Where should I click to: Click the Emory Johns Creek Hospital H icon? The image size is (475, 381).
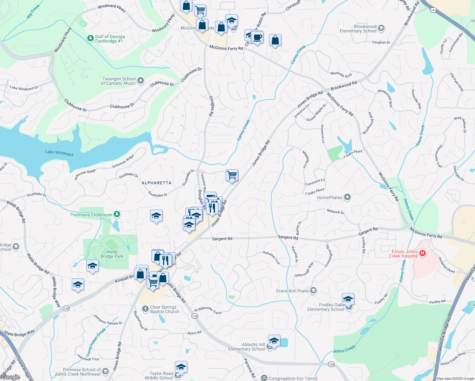click(x=422, y=253)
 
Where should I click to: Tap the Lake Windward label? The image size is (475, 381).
click(x=59, y=153)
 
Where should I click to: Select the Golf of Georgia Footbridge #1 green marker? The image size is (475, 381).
click(x=90, y=38)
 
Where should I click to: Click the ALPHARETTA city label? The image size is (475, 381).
click(x=156, y=183)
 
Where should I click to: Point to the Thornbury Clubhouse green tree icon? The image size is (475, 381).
click(x=117, y=214)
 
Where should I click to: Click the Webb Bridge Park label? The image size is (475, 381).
click(x=112, y=254)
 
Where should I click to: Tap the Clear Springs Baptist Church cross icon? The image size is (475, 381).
click(x=145, y=309)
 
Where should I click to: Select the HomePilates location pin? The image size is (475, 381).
click(x=347, y=197)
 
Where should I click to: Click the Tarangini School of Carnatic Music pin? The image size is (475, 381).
click(x=141, y=81)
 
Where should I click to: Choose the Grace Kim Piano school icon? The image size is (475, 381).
click(x=313, y=291)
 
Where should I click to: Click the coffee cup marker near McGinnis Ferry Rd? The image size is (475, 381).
click(x=258, y=37)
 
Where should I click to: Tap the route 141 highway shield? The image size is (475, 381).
click(x=433, y=10)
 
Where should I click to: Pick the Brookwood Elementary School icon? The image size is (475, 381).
click(x=381, y=28)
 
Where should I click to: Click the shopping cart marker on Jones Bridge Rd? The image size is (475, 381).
click(x=232, y=175)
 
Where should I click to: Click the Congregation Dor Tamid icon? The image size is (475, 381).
click(x=264, y=378)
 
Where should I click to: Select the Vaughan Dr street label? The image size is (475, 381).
click(x=381, y=42)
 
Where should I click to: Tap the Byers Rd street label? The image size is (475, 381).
click(x=194, y=333)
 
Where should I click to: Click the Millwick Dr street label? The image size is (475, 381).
click(x=335, y=211)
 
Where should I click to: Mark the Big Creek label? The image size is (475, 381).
click(x=33, y=11)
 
